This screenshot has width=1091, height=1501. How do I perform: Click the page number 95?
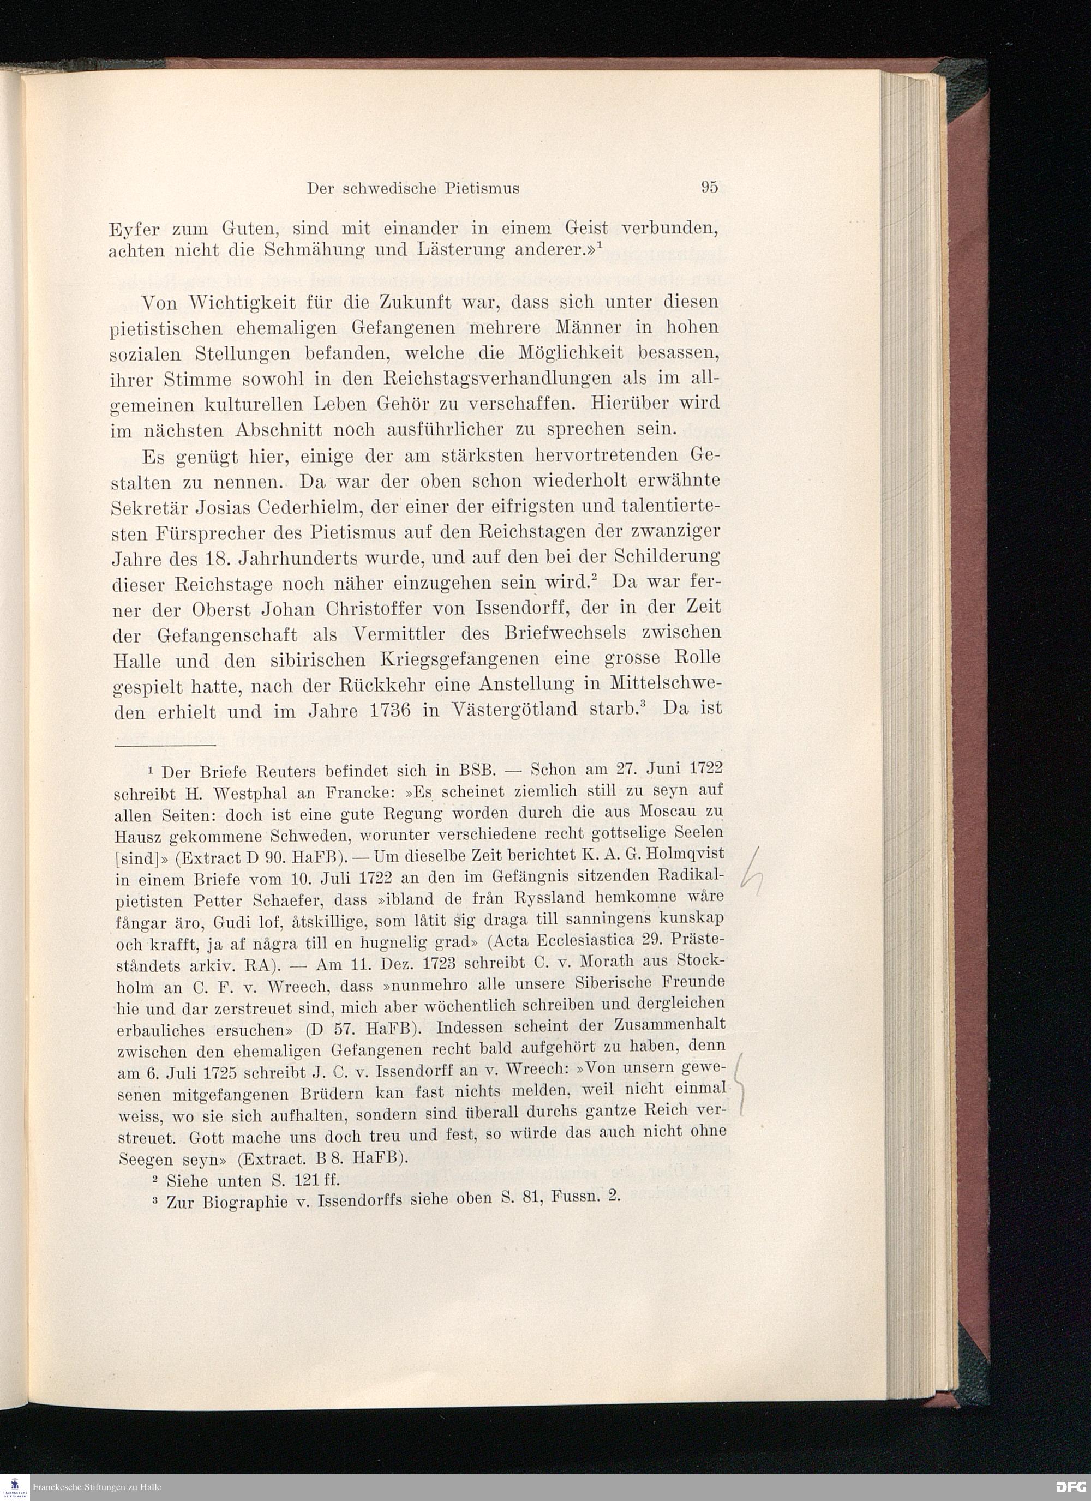[709, 188]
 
